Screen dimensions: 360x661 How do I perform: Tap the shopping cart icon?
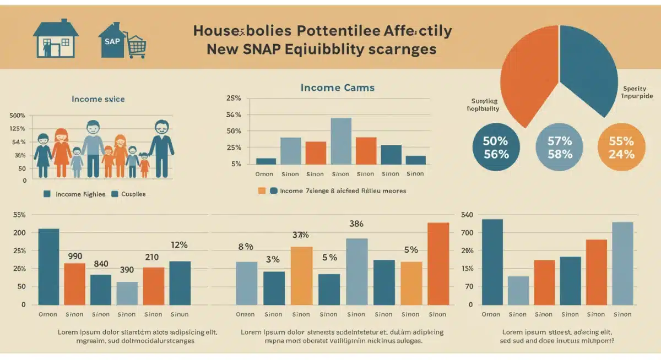(136, 46)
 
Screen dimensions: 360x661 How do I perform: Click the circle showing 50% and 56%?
(495, 147)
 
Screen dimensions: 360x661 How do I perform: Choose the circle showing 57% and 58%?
(560, 147)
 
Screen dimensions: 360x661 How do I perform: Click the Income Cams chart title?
(337, 88)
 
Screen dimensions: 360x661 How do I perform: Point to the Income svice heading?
(98, 99)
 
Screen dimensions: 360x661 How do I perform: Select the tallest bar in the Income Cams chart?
(341, 141)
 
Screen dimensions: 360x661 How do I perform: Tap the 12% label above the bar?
(180, 245)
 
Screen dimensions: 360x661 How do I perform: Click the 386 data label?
(357, 224)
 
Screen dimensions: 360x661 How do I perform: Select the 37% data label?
(300, 235)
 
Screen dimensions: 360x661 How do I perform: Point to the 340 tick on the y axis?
(467, 215)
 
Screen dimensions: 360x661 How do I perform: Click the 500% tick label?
(18, 116)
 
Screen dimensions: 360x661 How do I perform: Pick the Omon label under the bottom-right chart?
(491, 314)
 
